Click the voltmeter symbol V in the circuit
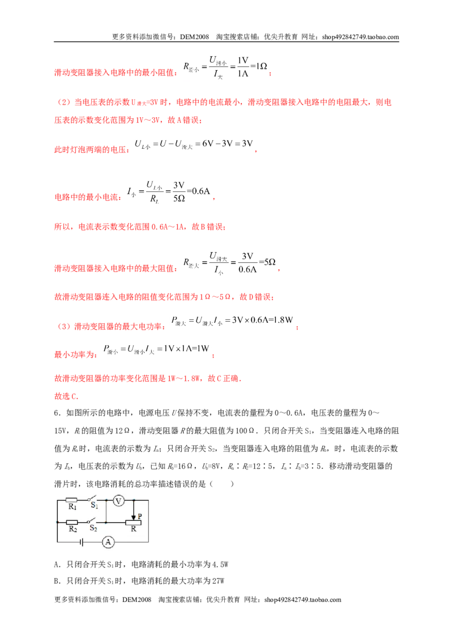118,501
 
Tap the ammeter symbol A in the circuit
108,542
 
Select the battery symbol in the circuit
82,542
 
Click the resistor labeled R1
71,500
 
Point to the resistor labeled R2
72,522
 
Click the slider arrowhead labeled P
133,517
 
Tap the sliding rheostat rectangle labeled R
133,523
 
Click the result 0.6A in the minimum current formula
201,191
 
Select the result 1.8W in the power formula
283,320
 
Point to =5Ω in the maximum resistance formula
267,262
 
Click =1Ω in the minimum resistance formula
259,66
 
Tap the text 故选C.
66,396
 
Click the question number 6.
57,413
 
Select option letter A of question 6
57,565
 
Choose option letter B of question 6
57,581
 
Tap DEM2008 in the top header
195,37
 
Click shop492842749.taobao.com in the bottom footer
302,600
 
